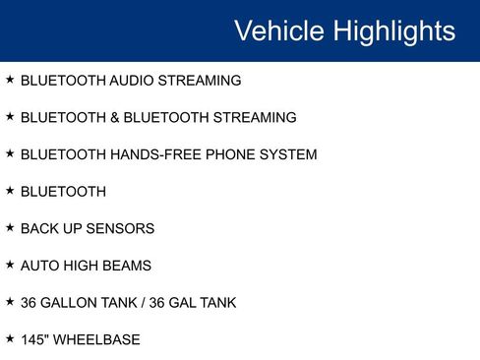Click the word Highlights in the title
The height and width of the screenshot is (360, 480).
tap(393, 30)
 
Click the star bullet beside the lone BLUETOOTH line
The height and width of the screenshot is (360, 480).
tap(10, 190)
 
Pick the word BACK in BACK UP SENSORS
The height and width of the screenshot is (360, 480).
tap(39, 228)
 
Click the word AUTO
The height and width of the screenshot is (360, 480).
tap(40, 266)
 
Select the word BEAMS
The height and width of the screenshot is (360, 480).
tap(127, 266)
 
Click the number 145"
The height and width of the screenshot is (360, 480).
tap(35, 340)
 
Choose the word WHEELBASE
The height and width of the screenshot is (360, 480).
tap(97, 340)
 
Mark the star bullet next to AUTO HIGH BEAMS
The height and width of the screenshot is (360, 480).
tap(10, 265)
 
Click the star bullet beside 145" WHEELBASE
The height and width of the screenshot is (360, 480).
tap(10, 338)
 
